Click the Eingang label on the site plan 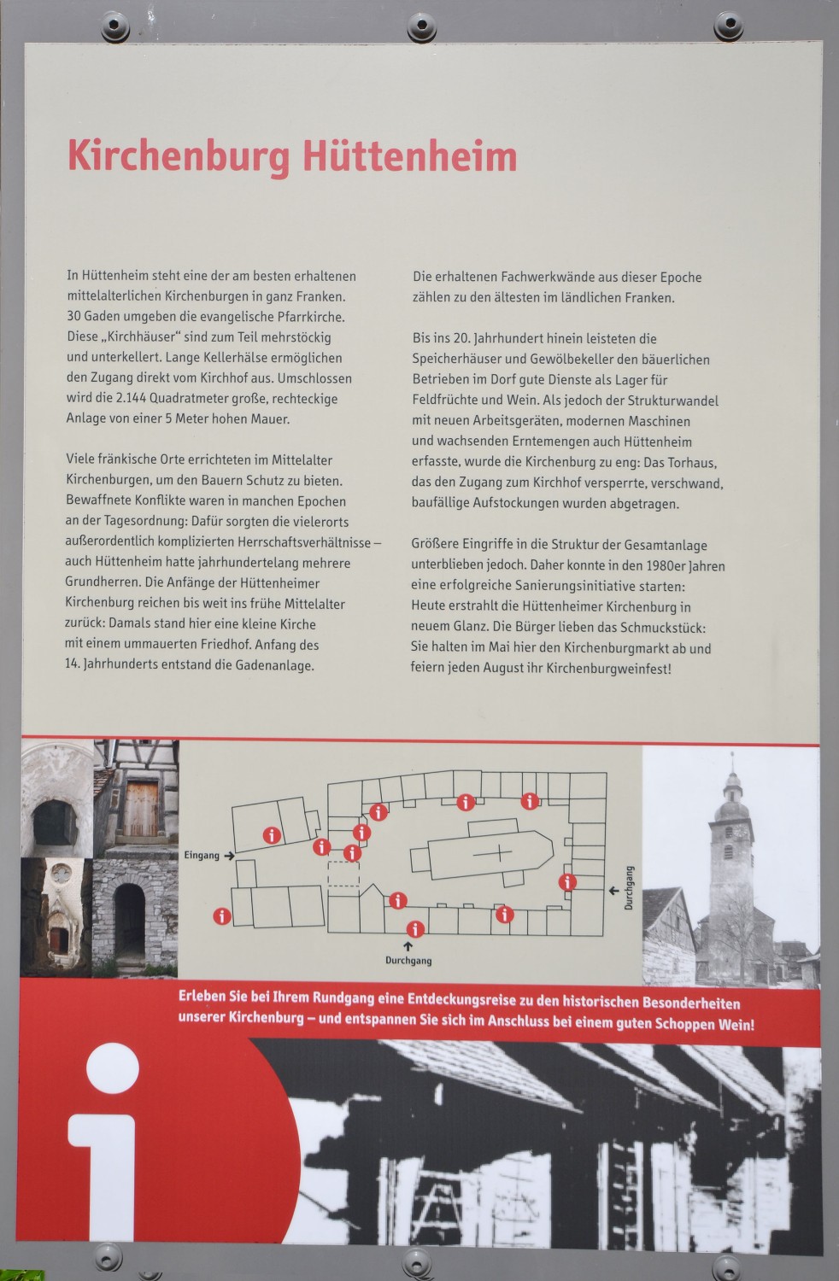coord(202,855)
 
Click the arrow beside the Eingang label coord(229,855)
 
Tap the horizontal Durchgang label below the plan coord(408,960)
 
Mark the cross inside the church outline coord(495,851)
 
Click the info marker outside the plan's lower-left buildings coord(222,915)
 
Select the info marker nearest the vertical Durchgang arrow coord(567,881)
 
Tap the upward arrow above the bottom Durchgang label coord(408,945)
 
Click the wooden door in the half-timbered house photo coord(140,807)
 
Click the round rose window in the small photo coord(62,875)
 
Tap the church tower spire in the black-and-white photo coord(731,777)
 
